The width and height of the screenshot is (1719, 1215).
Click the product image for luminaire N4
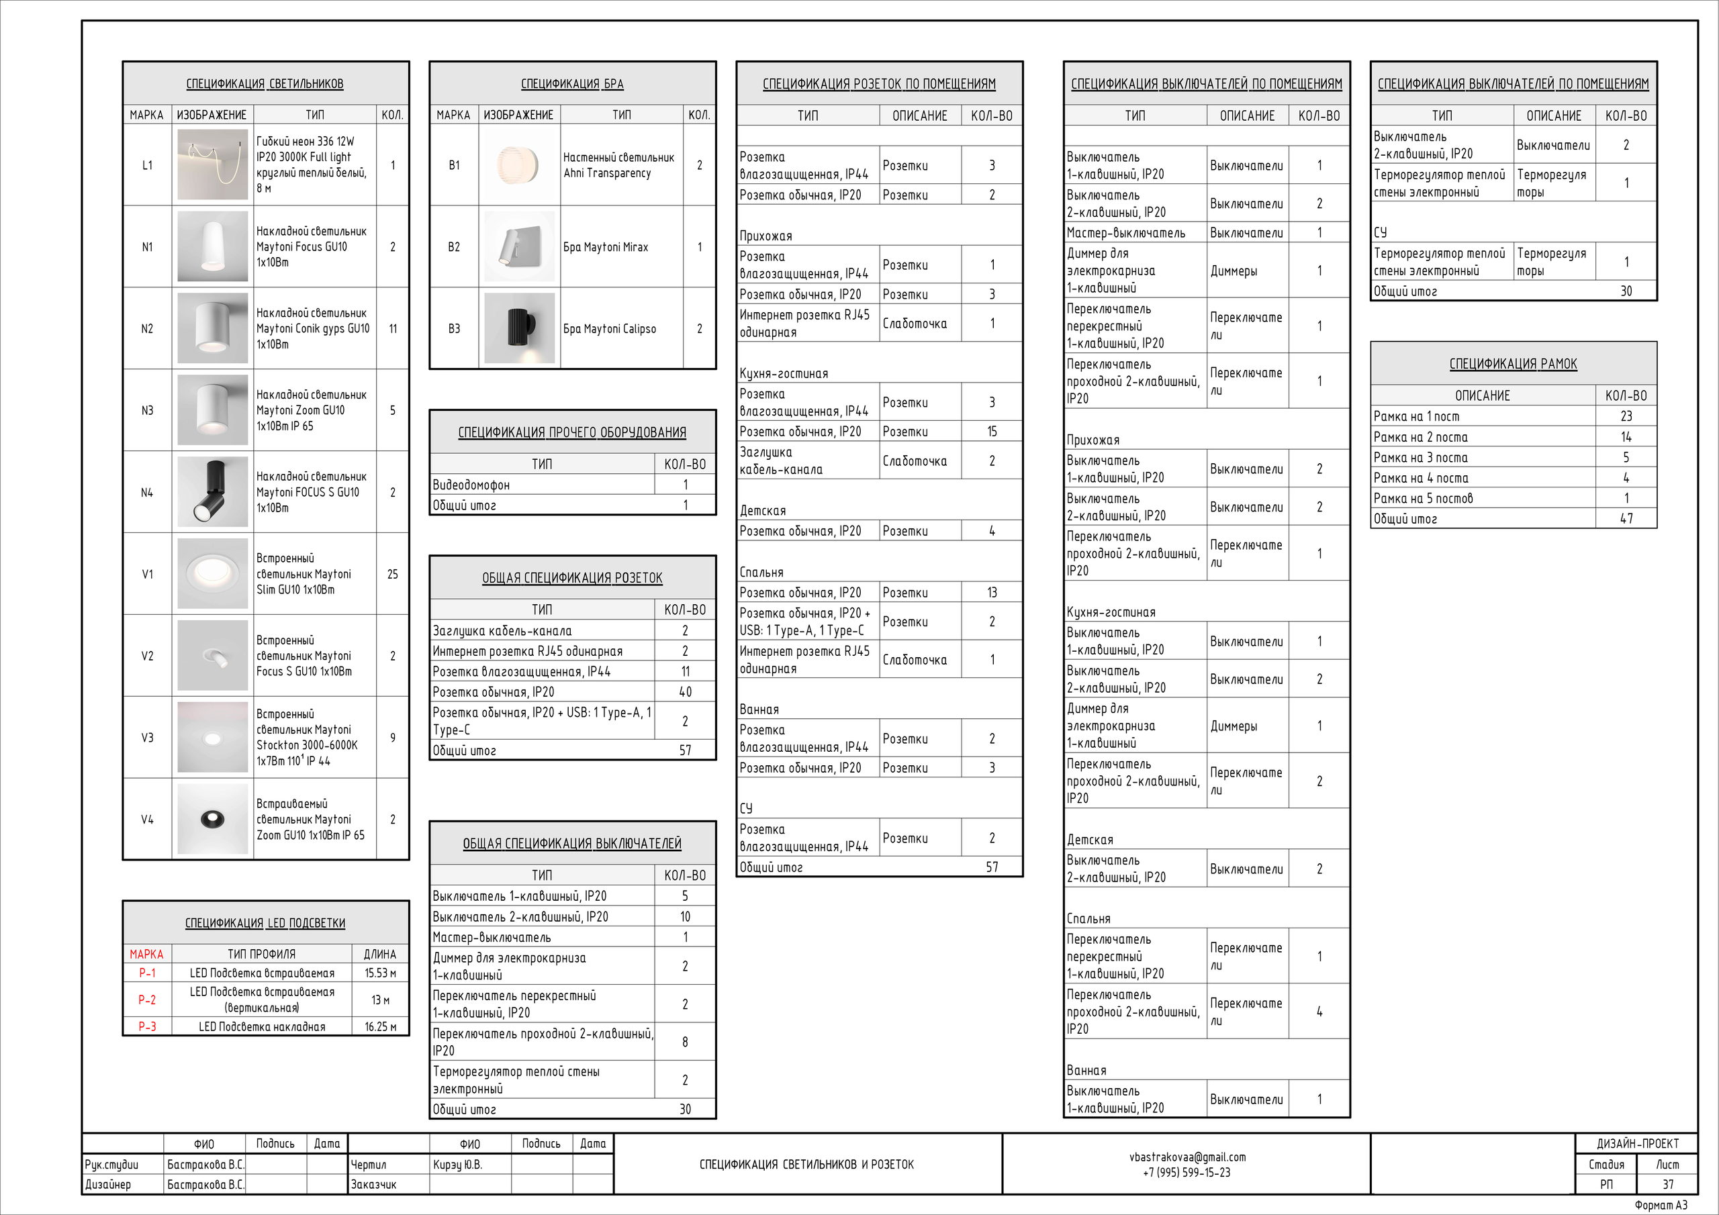pos(213,492)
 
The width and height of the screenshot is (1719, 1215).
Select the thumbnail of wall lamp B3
pos(519,328)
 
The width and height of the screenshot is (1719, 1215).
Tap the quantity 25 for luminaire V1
pos(392,574)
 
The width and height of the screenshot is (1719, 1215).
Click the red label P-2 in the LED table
pos(147,1000)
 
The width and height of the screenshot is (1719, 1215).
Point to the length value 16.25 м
pos(380,1026)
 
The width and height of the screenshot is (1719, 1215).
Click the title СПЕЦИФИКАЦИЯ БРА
pos(572,84)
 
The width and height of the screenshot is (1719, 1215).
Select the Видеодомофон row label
pos(471,485)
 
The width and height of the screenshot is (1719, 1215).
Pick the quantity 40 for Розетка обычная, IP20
pos(685,691)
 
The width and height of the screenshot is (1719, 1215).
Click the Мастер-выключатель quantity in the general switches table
pos(685,936)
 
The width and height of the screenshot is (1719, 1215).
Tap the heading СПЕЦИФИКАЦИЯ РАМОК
pos(1513,364)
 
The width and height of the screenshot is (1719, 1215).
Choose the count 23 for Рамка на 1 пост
pos(1626,416)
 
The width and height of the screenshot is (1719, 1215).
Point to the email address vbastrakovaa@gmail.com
pos(1187,1157)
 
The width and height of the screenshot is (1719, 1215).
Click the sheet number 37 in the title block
pos(1667,1184)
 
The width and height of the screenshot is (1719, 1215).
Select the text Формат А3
pos(1661,1204)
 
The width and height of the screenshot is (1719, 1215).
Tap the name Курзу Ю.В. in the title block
pos(457,1164)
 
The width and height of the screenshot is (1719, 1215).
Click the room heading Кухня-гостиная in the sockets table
pos(783,373)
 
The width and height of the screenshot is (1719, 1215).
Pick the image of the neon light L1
pos(213,164)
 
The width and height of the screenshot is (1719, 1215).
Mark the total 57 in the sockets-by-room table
pos(992,867)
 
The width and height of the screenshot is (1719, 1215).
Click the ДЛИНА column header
pos(380,954)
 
